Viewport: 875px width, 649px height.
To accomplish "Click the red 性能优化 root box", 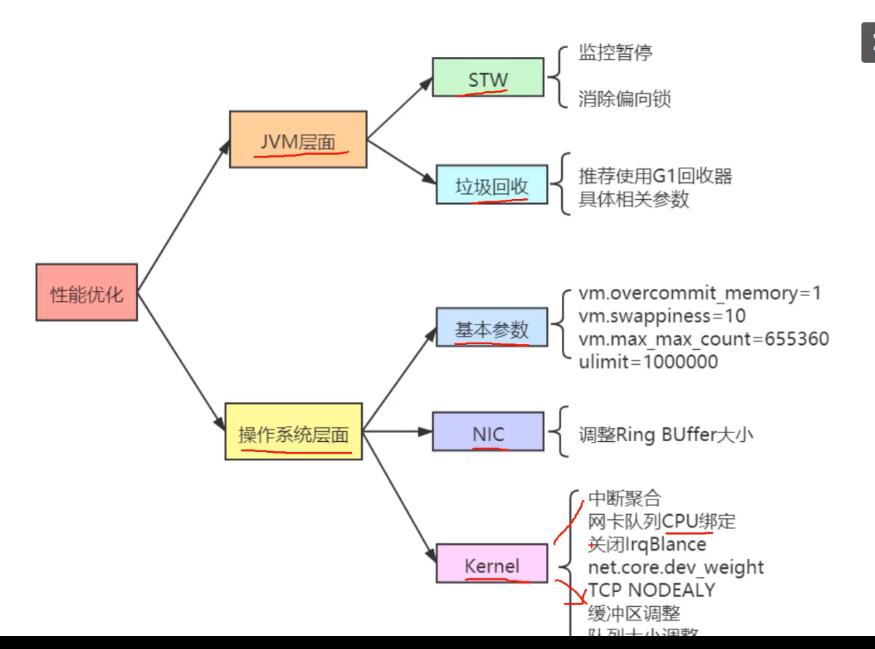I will coord(86,292).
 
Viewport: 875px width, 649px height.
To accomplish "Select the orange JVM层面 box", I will coord(298,139).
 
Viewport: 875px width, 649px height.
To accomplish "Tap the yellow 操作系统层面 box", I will coord(293,431).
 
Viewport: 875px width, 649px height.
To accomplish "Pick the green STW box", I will coord(488,77).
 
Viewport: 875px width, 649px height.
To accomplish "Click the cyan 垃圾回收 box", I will coord(491,184).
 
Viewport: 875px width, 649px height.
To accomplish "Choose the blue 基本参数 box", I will coord(491,327).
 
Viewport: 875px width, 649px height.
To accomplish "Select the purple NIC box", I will coord(487,432).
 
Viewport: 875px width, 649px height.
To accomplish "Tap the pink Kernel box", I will coord(491,563).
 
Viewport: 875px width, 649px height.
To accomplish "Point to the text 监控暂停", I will coord(615,53).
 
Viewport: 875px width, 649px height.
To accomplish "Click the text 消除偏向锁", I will coord(624,99).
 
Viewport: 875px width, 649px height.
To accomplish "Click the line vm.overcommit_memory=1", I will coord(700,293).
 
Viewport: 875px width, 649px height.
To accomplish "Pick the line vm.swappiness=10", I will coord(662,316).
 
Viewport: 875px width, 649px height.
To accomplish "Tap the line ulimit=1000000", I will coord(648,362).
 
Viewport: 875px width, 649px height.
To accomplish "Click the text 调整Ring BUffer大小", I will coord(666,435).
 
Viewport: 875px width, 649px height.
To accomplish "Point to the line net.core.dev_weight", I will coord(676,567).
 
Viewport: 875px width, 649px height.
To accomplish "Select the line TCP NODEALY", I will coord(652,589).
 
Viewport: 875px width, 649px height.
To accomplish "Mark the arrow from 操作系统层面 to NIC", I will coord(398,432).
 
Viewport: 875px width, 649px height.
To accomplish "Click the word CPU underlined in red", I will coord(680,521).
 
